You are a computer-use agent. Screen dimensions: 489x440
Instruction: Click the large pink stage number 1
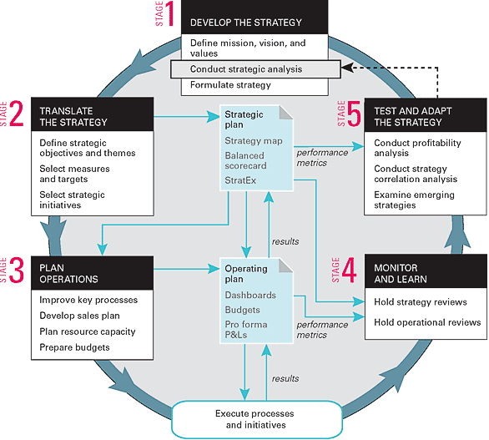click(x=169, y=13)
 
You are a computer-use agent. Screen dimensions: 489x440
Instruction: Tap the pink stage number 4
click(x=350, y=271)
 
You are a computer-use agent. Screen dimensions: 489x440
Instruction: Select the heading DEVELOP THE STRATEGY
click(x=246, y=23)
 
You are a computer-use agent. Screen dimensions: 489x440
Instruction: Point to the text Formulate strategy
click(x=230, y=85)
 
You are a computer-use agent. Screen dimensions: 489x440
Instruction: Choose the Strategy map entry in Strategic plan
click(x=254, y=141)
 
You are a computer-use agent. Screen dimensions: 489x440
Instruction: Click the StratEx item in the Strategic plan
click(x=240, y=180)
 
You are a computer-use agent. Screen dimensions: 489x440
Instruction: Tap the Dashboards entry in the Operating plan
click(x=250, y=295)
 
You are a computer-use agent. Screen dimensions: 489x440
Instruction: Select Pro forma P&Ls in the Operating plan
click(x=246, y=330)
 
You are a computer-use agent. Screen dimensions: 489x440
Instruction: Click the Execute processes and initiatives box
click(x=257, y=419)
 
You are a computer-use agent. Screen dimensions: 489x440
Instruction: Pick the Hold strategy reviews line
click(x=421, y=301)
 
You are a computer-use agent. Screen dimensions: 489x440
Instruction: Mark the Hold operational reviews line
click(x=427, y=322)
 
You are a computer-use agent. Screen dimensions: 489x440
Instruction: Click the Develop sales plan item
click(x=79, y=316)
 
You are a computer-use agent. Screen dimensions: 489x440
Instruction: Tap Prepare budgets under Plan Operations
click(x=74, y=347)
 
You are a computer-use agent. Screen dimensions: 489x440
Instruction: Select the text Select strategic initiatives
click(x=72, y=200)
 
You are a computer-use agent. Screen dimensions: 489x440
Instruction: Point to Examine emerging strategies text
click(x=414, y=200)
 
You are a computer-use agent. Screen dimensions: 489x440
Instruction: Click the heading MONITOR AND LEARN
click(x=401, y=273)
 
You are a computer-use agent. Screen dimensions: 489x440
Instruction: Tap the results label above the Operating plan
click(x=285, y=241)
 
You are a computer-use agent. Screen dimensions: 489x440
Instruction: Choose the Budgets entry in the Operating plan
click(x=242, y=310)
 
